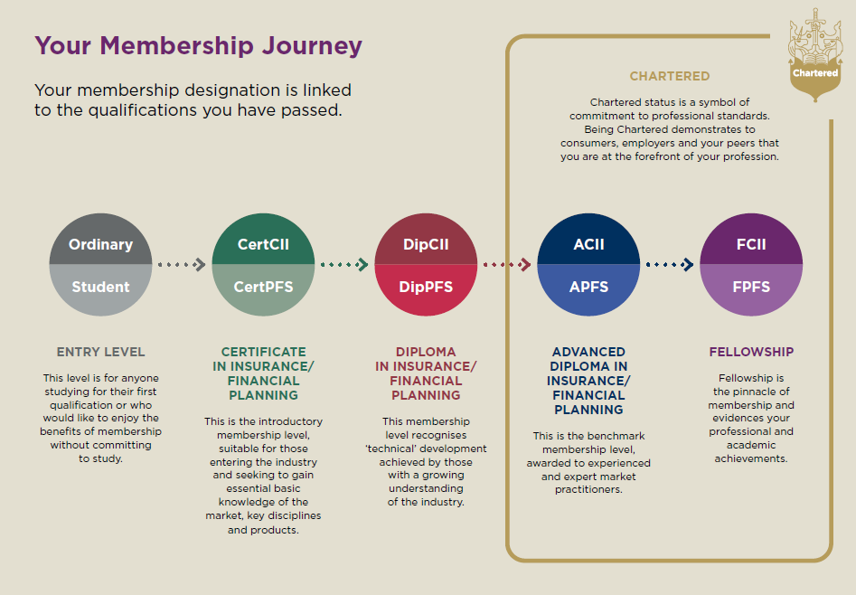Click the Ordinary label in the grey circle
pos(100,244)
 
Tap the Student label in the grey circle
pos(100,287)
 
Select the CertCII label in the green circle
pos(263,244)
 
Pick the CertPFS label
pos(263,287)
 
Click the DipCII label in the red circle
pos(426,244)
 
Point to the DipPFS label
pos(426,287)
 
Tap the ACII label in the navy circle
pos(588,244)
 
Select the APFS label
pos(588,287)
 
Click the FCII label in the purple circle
pos(751,244)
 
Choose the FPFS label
pos(751,287)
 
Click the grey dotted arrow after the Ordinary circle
pos(182,264)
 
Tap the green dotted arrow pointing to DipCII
pos(344,264)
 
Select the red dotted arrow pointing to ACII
pos(507,264)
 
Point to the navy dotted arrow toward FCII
pos(670,264)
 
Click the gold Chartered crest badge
pos(815,54)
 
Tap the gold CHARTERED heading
pos(669,76)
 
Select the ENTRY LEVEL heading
pos(100,352)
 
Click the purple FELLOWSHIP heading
pos(751,352)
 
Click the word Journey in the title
pos(312,46)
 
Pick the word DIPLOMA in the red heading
pos(426,352)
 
